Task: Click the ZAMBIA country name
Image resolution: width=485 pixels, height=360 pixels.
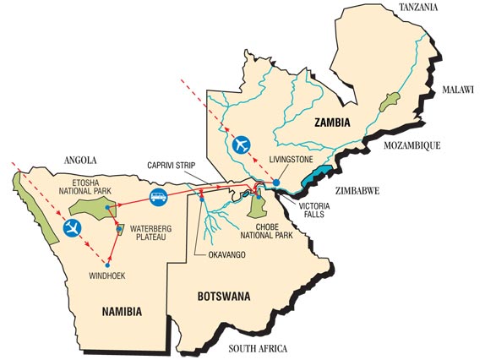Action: pos(332,123)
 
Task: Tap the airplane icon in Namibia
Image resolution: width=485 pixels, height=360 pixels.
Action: pos(73,227)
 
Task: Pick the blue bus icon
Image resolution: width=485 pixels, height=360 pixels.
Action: pos(157,199)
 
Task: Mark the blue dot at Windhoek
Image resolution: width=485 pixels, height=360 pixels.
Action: pos(107,266)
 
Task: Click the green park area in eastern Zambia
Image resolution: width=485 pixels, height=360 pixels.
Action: pos(390,103)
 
